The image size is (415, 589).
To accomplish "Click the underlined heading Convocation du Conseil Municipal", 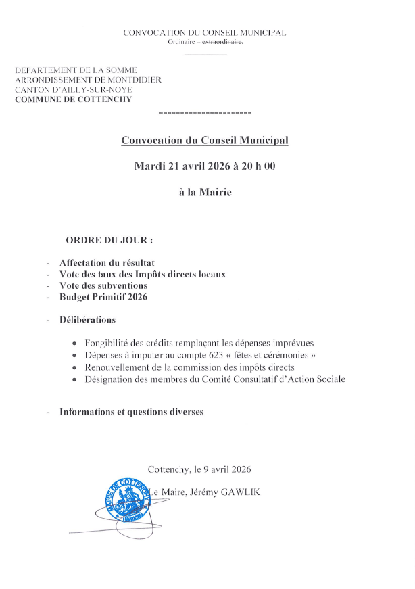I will pos(204,140).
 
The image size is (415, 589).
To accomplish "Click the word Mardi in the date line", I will pos(149,166).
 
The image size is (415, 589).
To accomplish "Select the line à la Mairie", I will pos(205,192).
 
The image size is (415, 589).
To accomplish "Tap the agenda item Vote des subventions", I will pos(103,285).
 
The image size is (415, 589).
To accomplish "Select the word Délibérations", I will pos(87,320).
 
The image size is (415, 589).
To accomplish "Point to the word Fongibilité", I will pos(108,343).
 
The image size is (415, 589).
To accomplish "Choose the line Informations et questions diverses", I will pos(131,411).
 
